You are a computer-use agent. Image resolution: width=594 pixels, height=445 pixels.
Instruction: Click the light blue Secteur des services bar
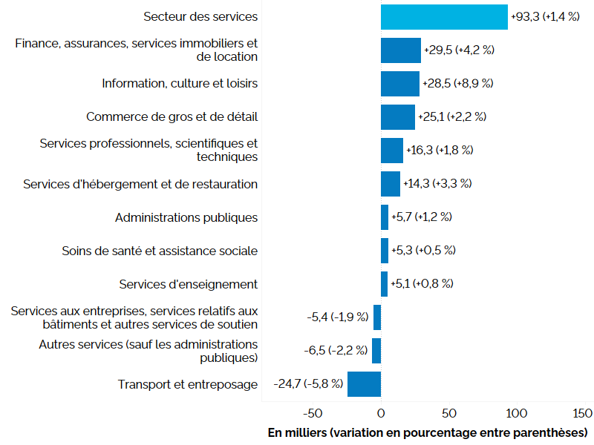coord(444,17)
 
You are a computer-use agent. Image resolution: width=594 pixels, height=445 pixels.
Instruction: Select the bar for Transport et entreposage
coord(364,384)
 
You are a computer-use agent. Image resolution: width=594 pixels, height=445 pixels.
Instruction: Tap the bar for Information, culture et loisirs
coord(400,84)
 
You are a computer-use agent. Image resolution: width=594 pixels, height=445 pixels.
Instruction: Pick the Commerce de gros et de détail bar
coord(398,117)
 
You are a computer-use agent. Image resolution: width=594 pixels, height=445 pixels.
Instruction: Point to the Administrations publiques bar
coord(385,217)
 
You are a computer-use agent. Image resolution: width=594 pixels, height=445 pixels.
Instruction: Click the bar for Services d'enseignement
coord(384,284)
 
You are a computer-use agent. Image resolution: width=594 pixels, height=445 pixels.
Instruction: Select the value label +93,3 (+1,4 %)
coord(544,16)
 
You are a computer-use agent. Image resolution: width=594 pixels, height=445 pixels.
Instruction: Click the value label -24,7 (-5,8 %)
coord(308,384)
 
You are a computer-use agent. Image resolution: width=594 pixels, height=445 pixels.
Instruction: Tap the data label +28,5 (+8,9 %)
coord(458,84)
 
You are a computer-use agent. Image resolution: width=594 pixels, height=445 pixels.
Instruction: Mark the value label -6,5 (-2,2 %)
coord(336,351)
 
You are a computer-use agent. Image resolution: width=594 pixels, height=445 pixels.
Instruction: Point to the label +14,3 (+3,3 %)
coord(437,184)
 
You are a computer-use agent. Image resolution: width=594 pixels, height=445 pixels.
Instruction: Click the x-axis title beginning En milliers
coord(427,432)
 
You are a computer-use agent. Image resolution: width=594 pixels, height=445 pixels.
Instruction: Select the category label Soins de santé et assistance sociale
coord(160,251)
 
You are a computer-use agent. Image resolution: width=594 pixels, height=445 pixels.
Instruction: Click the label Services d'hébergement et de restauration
coord(140,184)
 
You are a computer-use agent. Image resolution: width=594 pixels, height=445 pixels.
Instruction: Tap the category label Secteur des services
coord(200,16)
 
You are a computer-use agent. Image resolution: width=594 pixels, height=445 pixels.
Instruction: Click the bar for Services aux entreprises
coord(377,317)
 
